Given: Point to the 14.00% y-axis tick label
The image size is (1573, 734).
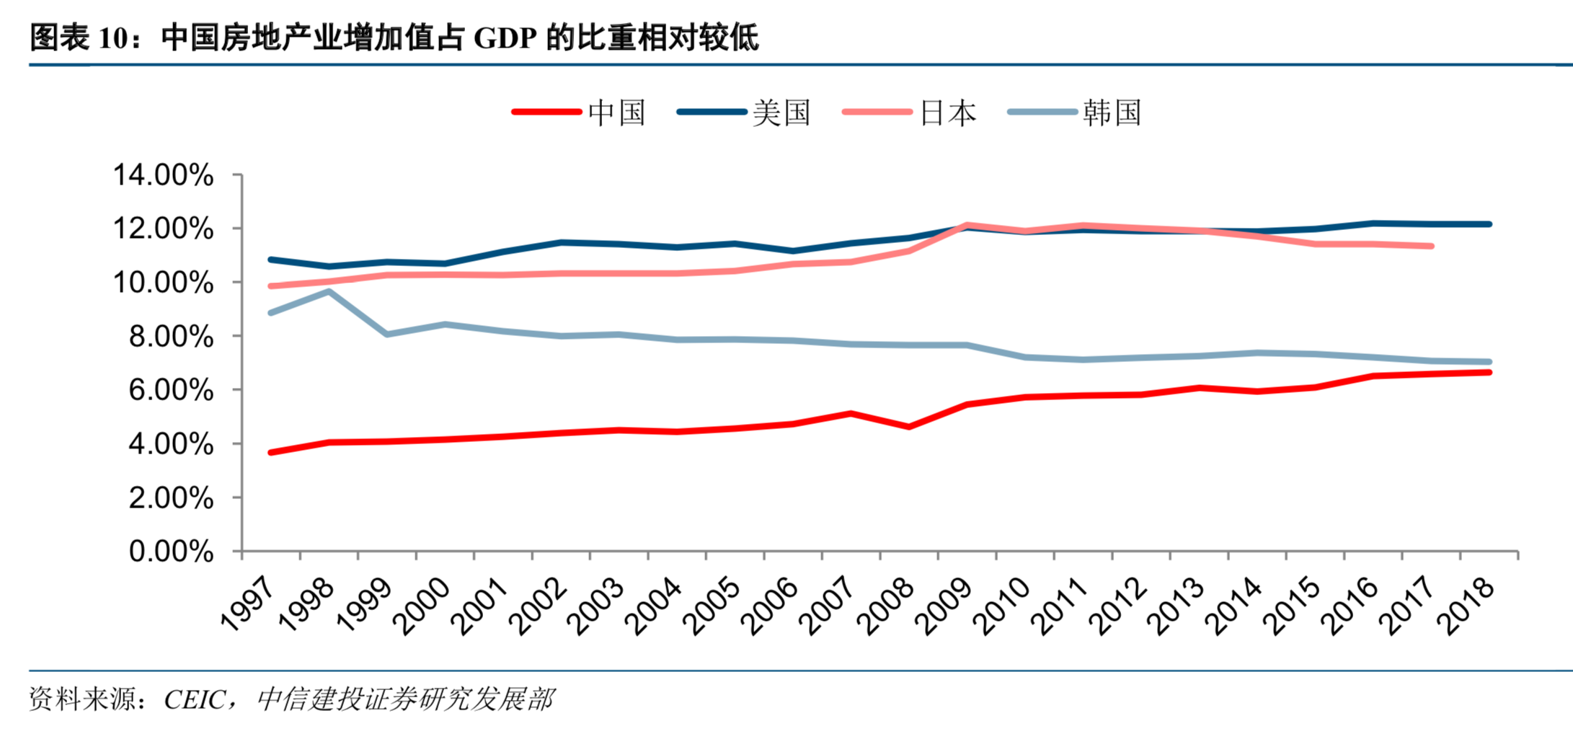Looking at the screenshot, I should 164,175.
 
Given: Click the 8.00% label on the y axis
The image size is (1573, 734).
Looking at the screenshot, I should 171,337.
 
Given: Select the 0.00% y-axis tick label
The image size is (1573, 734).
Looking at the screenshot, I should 171,552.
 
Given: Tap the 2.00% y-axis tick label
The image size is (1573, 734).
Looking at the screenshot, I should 171,498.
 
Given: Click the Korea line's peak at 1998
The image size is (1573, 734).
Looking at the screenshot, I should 329,292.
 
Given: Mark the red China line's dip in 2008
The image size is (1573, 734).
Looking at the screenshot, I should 909,427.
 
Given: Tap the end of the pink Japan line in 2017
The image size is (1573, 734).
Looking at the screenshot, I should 1431,247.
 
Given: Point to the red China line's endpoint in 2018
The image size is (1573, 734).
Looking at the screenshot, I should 1489,373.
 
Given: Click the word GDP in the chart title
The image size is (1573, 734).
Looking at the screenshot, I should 505,37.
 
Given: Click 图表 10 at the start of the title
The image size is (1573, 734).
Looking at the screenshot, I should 79,37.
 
